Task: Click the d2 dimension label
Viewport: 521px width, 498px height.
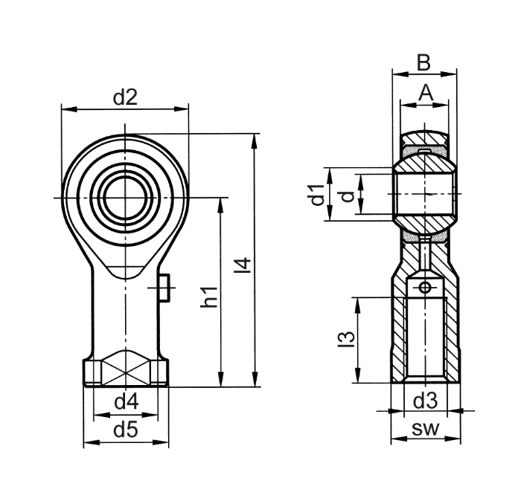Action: tap(125, 97)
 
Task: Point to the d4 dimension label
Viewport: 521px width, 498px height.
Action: tap(126, 402)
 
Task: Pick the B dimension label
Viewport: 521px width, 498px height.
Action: tap(423, 63)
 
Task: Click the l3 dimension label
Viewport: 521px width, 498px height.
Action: tap(344, 339)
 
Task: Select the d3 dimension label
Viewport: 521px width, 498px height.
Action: tap(424, 402)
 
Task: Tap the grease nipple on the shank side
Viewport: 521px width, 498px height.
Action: tap(165, 287)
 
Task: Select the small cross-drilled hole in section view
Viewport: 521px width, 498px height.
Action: tap(424, 288)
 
